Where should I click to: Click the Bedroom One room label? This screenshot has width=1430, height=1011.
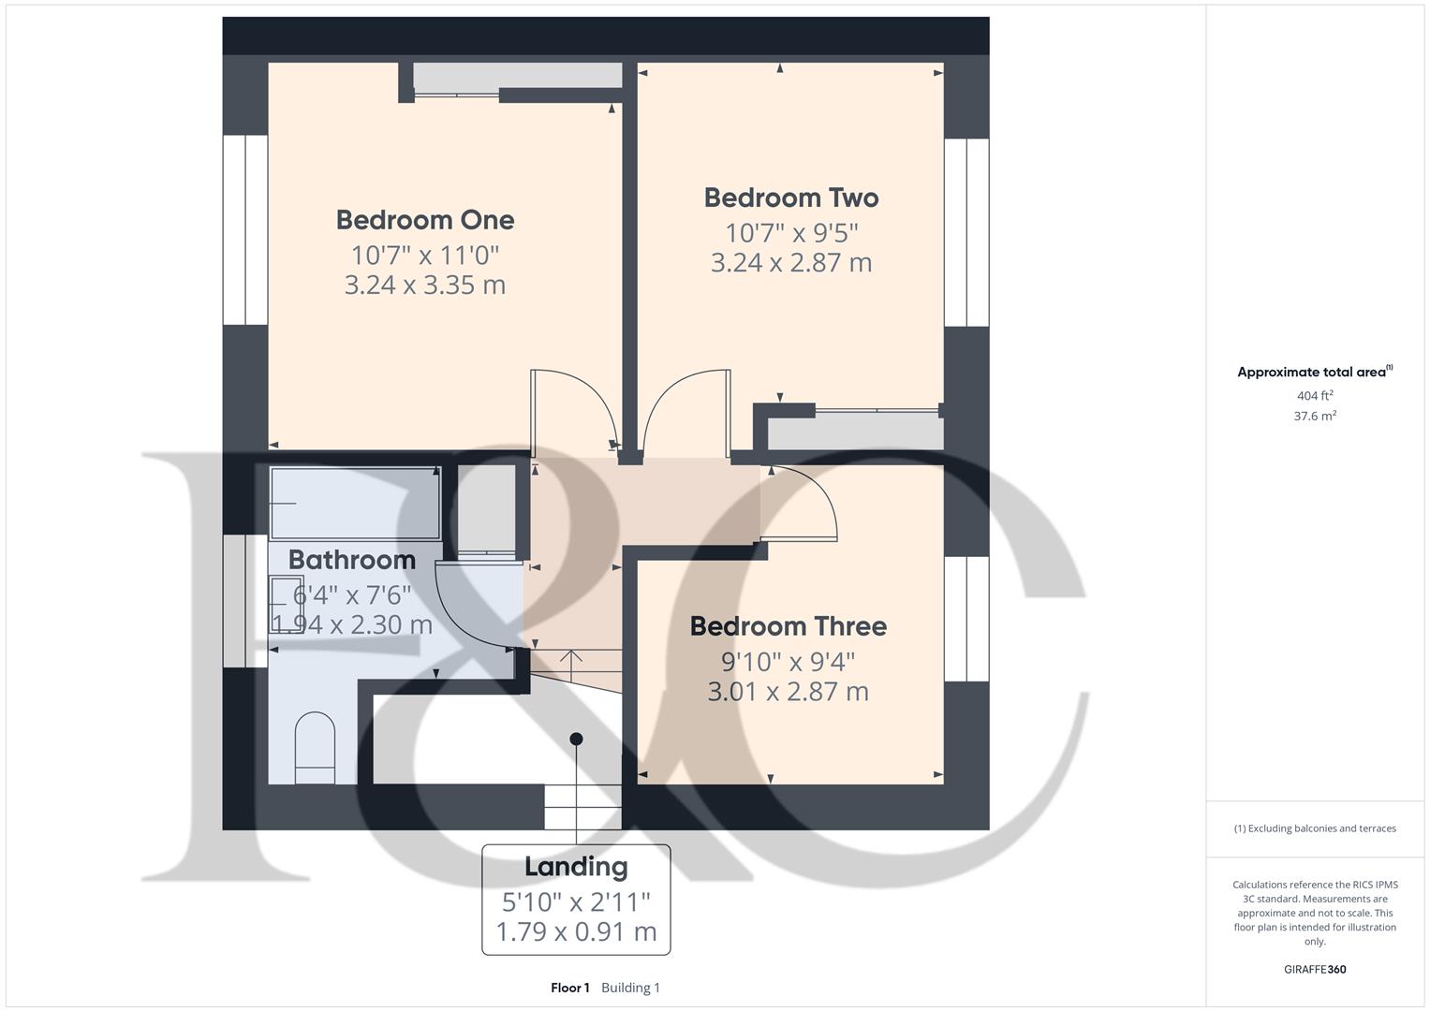coord(425,220)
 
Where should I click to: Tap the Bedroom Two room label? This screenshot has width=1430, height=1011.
coord(791,198)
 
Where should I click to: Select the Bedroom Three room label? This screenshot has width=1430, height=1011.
coord(788,626)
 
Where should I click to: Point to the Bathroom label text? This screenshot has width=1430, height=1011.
coord(351,560)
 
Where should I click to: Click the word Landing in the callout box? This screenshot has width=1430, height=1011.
coord(576,867)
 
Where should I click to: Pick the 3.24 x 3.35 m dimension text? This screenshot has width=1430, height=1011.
coord(425,285)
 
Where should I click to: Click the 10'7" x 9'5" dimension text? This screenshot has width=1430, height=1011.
coord(791,232)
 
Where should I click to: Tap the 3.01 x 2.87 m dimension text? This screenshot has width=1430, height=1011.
coord(788,692)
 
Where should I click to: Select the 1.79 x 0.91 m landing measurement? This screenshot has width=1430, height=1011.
coord(576,932)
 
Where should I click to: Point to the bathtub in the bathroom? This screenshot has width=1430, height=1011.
coord(355,503)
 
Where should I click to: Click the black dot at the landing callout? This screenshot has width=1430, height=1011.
coord(577,739)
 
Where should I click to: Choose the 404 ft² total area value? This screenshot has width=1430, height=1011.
coord(1315,396)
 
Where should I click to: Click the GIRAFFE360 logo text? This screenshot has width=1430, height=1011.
coord(1315,970)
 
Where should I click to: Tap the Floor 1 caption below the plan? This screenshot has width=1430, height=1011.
coord(570,988)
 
